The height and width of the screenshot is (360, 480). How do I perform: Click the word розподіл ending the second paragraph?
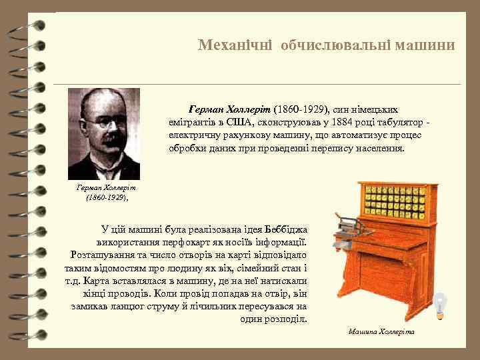point(286,319)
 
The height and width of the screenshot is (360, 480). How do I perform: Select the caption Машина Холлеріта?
point(381,331)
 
